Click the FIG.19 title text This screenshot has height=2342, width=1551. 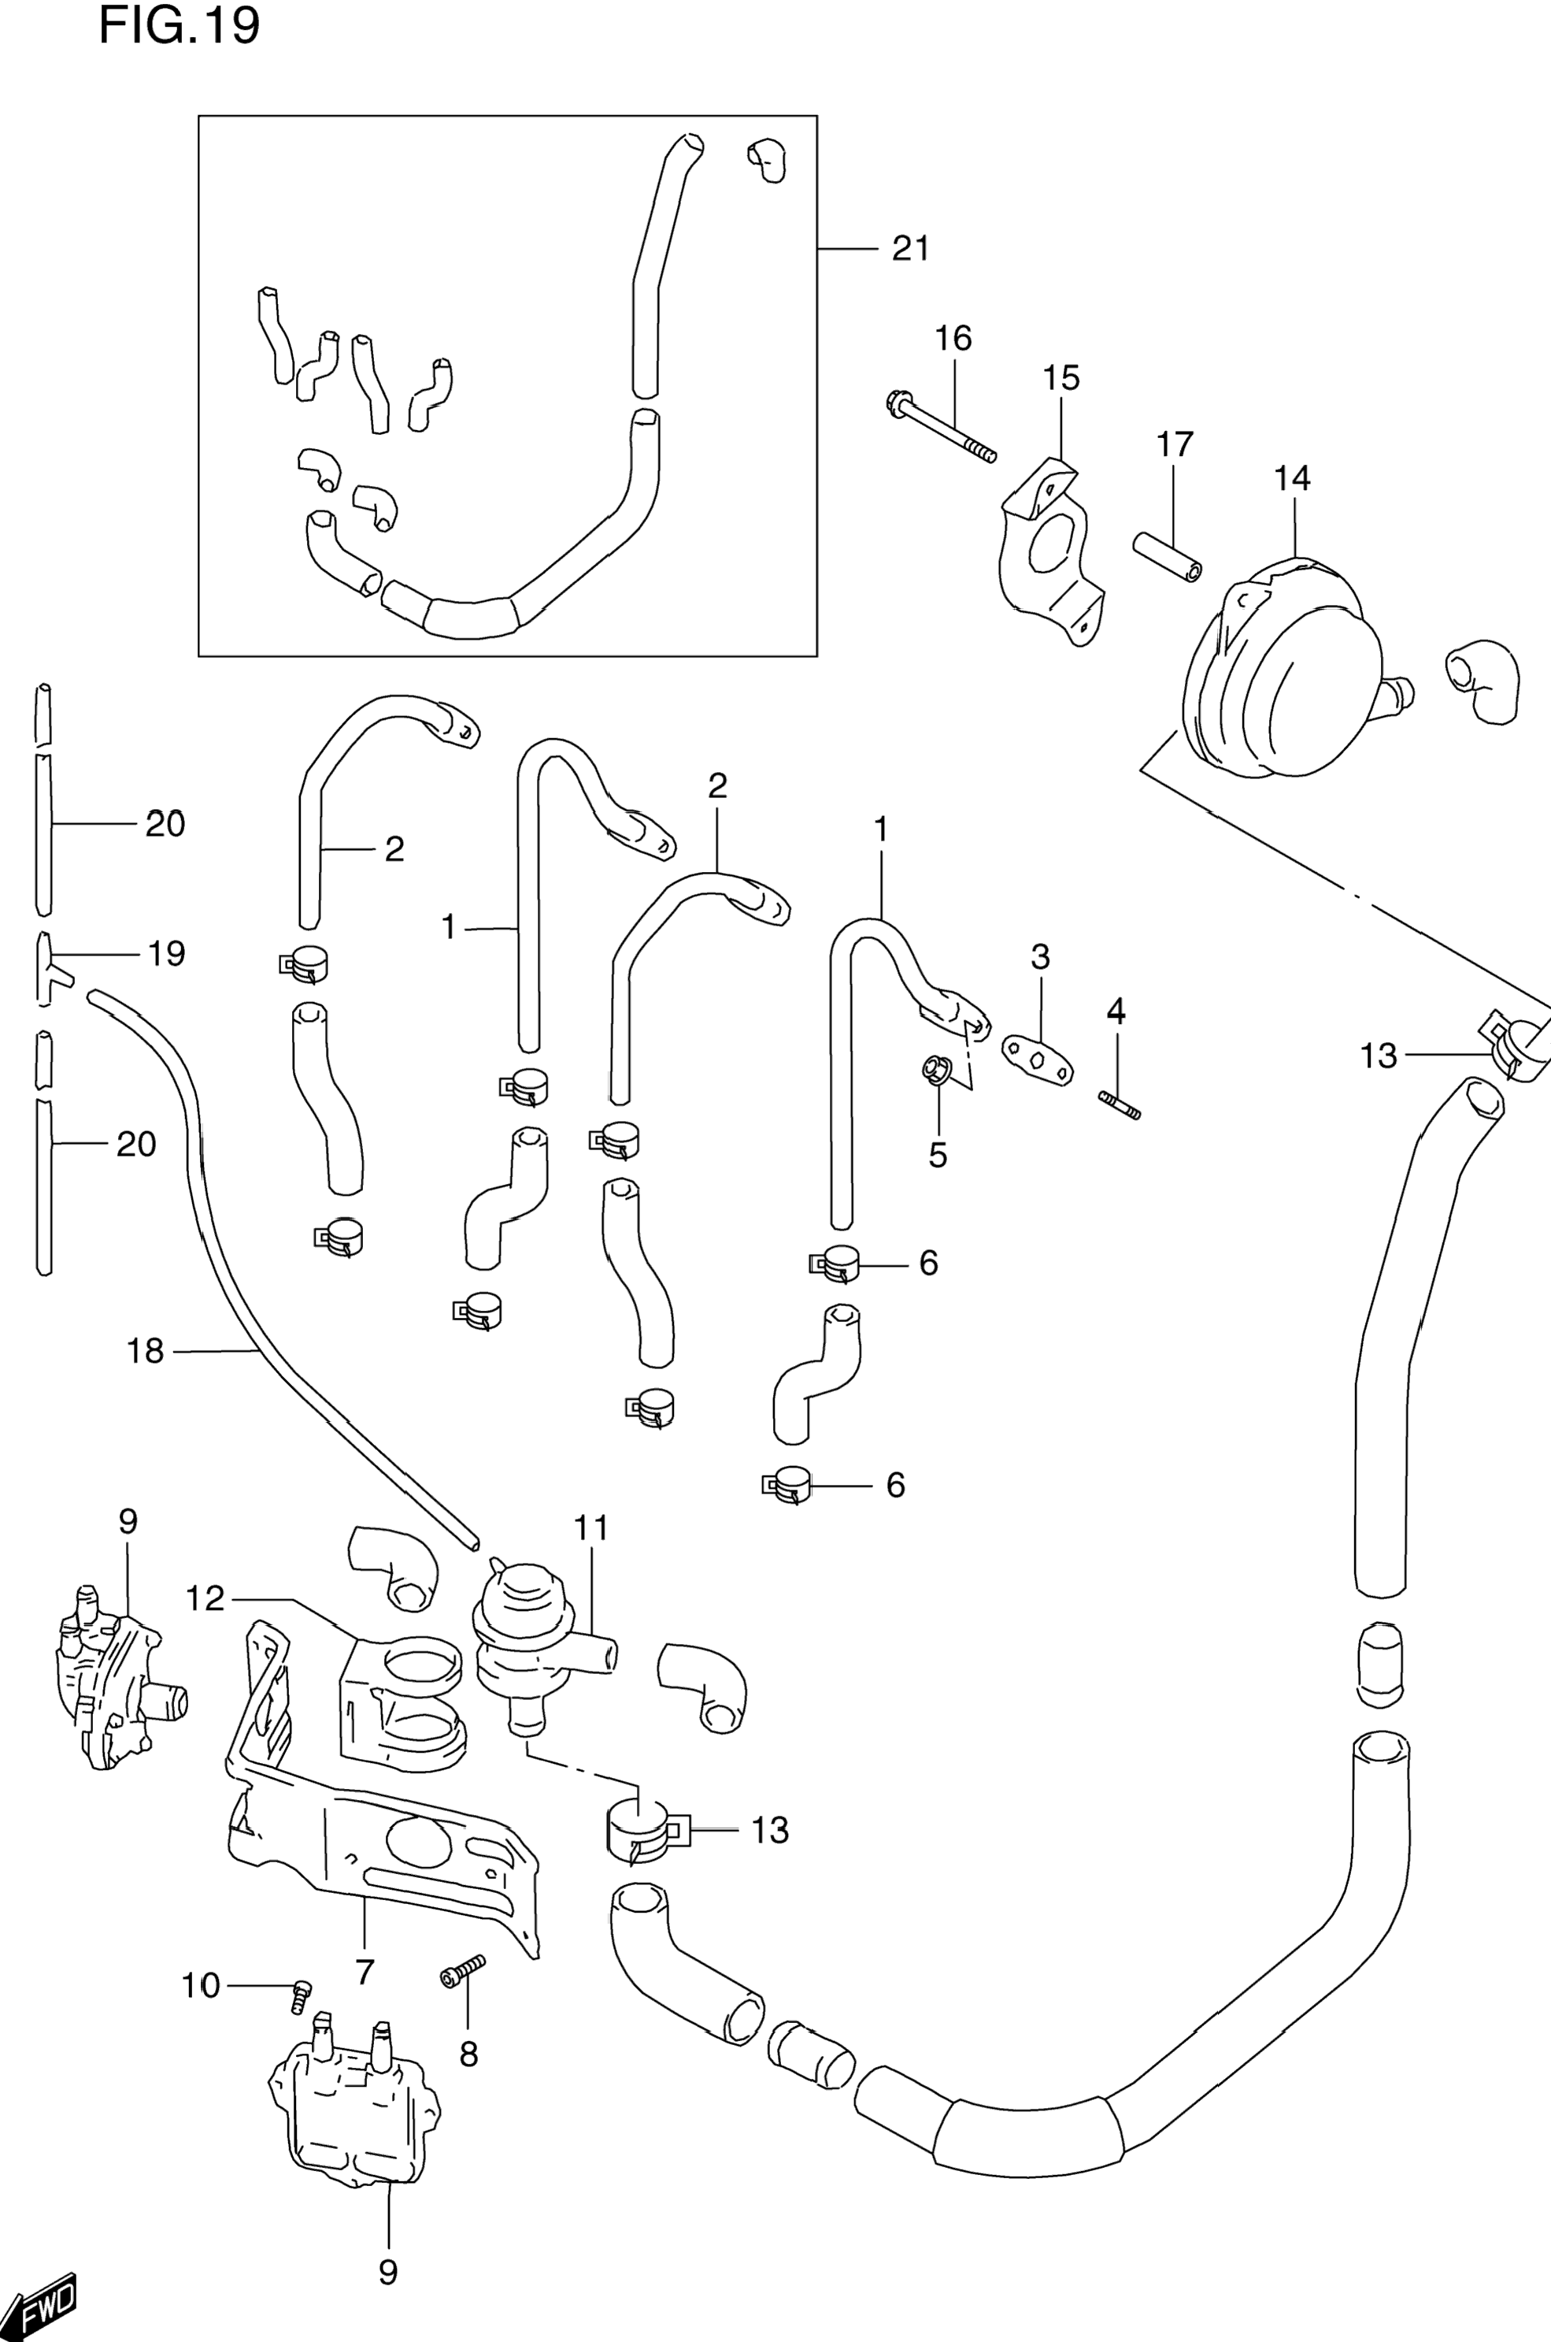[x=179, y=26]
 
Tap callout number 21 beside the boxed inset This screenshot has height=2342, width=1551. [x=910, y=248]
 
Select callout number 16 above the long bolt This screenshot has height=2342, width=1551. [x=953, y=339]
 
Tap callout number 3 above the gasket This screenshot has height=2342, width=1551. [x=1039, y=957]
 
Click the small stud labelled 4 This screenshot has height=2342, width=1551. [x=1120, y=1104]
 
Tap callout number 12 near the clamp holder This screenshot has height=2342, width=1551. [x=205, y=1598]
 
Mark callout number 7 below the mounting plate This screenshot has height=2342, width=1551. [x=364, y=1971]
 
